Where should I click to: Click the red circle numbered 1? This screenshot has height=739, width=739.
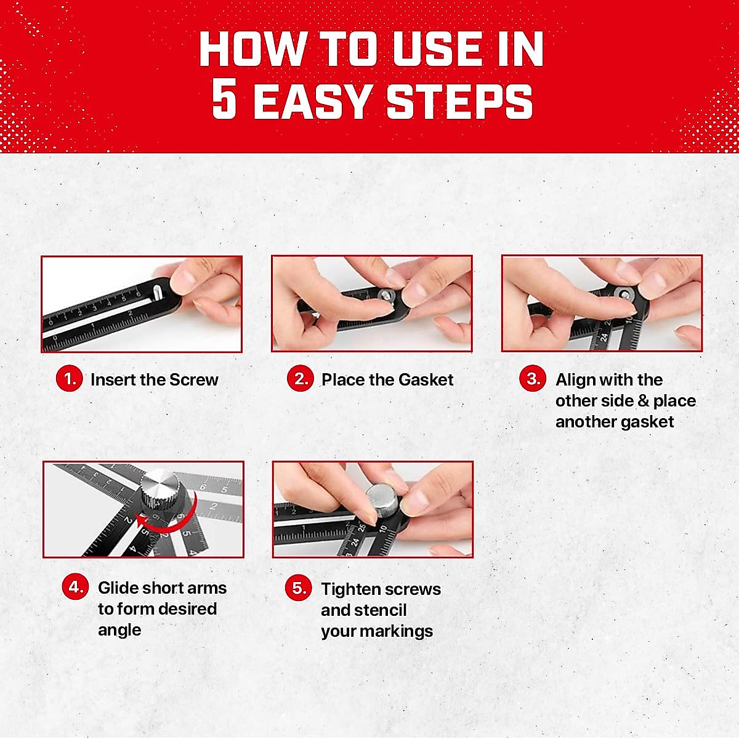tap(70, 379)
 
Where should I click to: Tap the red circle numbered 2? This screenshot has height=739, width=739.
tap(301, 379)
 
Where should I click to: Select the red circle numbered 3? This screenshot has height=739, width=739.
tap(533, 379)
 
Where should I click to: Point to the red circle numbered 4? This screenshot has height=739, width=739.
tap(75, 587)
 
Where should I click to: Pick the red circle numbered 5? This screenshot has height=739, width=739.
tap(298, 588)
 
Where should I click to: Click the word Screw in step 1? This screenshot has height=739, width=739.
tap(193, 379)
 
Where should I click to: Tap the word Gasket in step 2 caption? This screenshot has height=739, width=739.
tap(425, 379)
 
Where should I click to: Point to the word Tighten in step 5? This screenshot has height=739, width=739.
tap(349, 589)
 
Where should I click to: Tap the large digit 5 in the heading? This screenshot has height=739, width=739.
tap(224, 100)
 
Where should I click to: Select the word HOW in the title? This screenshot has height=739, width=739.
tap(252, 49)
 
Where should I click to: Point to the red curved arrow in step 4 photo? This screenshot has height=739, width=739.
tap(169, 520)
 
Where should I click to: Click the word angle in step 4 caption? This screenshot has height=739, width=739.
tap(119, 631)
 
